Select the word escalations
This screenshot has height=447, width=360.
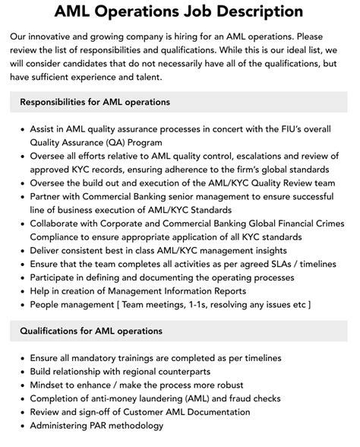255,156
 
